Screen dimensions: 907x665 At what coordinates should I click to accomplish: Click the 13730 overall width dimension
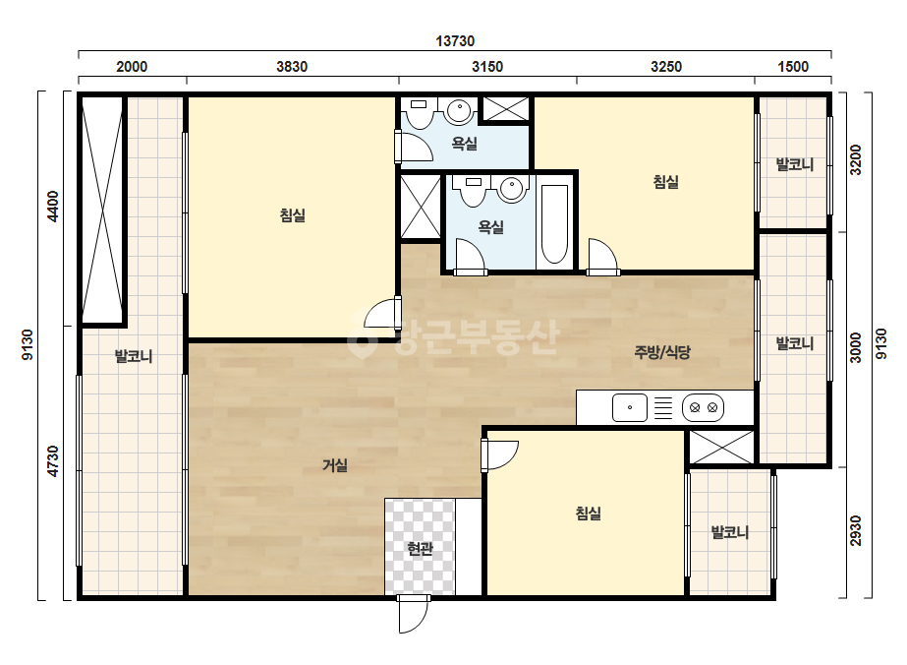(455, 41)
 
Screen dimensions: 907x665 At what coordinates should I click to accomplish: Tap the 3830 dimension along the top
(292, 67)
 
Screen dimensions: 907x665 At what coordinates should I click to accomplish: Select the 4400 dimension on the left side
(53, 206)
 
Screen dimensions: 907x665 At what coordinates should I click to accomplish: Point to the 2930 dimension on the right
(856, 530)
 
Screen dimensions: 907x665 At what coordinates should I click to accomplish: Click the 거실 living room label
(335, 464)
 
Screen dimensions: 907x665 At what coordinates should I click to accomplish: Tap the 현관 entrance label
(420, 548)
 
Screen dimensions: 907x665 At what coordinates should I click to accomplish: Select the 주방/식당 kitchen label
(662, 351)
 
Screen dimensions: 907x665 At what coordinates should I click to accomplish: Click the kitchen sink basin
(629, 407)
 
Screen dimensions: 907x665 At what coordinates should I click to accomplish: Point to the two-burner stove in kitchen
(703, 407)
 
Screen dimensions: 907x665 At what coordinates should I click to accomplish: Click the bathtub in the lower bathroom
(554, 224)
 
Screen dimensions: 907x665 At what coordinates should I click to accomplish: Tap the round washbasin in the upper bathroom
(459, 111)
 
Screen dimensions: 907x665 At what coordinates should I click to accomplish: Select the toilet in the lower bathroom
(473, 191)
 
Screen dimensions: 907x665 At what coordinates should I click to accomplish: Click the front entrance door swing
(414, 614)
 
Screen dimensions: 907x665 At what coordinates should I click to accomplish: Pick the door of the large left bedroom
(382, 314)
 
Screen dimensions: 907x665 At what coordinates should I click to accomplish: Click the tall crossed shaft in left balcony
(102, 210)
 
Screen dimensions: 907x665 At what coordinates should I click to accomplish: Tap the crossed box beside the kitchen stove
(721, 447)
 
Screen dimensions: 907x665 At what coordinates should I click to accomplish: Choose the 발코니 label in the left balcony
(134, 356)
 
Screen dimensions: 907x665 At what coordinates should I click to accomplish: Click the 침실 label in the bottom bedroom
(589, 513)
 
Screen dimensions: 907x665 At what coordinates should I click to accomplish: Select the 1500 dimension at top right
(792, 67)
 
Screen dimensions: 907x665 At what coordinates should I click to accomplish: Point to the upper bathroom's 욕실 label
(464, 143)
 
